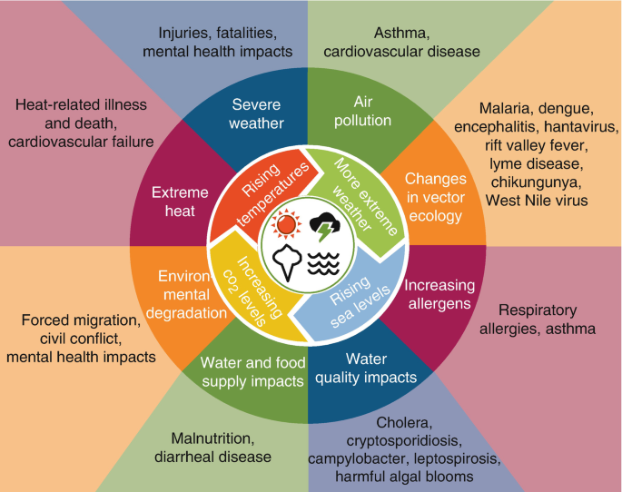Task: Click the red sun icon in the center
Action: [287, 224]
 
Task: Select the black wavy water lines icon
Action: [324, 263]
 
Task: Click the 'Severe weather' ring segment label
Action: [258, 113]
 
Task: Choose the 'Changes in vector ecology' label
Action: [435, 198]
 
